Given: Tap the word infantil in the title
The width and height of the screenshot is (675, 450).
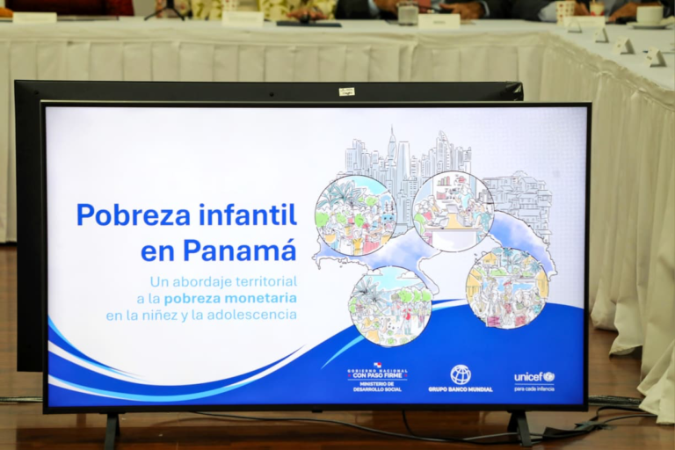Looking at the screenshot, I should pyautogui.click(x=244, y=214).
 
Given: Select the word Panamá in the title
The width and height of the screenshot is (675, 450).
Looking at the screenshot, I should pyautogui.click(x=239, y=250).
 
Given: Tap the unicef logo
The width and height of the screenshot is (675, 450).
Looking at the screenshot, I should pyautogui.click(x=533, y=376).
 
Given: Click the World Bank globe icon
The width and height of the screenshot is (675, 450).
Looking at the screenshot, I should pyautogui.click(x=461, y=374).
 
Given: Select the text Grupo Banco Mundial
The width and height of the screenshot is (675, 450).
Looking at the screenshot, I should pyautogui.click(x=461, y=388).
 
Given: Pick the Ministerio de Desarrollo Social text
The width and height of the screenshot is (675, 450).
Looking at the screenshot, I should pyautogui.click(x=377, y=385).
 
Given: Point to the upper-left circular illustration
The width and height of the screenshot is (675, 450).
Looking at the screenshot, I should pyautogui.click(x=355, y=215).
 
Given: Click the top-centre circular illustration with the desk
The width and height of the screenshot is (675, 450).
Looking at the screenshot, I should pyautogui.click(x=453, y=211).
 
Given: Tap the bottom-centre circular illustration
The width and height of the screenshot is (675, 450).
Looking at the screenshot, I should pyautogui.click(x=389, y=306).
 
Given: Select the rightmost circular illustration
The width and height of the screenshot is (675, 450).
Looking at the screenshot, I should pyautogui.click(x=507, y=288).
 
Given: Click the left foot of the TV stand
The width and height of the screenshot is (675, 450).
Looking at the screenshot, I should pyautogui.click(x=112, y=431).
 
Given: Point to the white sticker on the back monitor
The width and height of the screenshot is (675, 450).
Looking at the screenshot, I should pyautogui.click(x=346, y=91).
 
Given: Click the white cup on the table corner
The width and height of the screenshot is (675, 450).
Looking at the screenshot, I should pyautogui.click(x=650, y=15).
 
